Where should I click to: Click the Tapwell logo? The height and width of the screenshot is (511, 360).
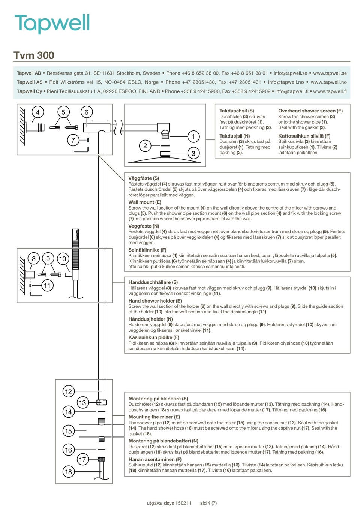tap(52, 23)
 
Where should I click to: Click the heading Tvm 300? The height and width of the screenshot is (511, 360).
tap(34, 55)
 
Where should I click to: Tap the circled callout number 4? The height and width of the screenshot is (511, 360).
tap(37, 112)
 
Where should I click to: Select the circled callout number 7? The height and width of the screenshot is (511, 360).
tap(73, 140)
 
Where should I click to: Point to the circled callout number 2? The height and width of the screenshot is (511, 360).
tap(145, 146)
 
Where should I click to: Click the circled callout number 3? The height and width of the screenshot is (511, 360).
tap(193, 153)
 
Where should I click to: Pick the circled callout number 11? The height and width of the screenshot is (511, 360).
tap(47, 285)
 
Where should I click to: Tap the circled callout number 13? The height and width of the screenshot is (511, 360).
tap(82, 402)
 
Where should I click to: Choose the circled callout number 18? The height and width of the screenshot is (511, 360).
tap(68, 472)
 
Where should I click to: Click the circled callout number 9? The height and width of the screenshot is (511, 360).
tap(48, 259)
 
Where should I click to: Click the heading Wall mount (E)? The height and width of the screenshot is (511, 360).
tap(145, 202)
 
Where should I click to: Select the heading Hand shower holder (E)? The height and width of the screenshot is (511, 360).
tap(155, 301)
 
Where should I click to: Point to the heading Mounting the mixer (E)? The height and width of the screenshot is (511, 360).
tap(154, 417)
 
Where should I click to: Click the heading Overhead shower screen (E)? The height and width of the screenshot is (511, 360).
tap(310, 111)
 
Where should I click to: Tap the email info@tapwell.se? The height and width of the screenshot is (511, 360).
tap(290, 73)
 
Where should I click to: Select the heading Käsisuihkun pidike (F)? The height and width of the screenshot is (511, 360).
tap(154, 337)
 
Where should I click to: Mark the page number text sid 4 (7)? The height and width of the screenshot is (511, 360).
tap(208, 503)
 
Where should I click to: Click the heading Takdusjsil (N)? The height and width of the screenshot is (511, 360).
tap(234, 136)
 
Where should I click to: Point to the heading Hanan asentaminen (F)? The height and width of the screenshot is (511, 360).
tap(155, 459)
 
